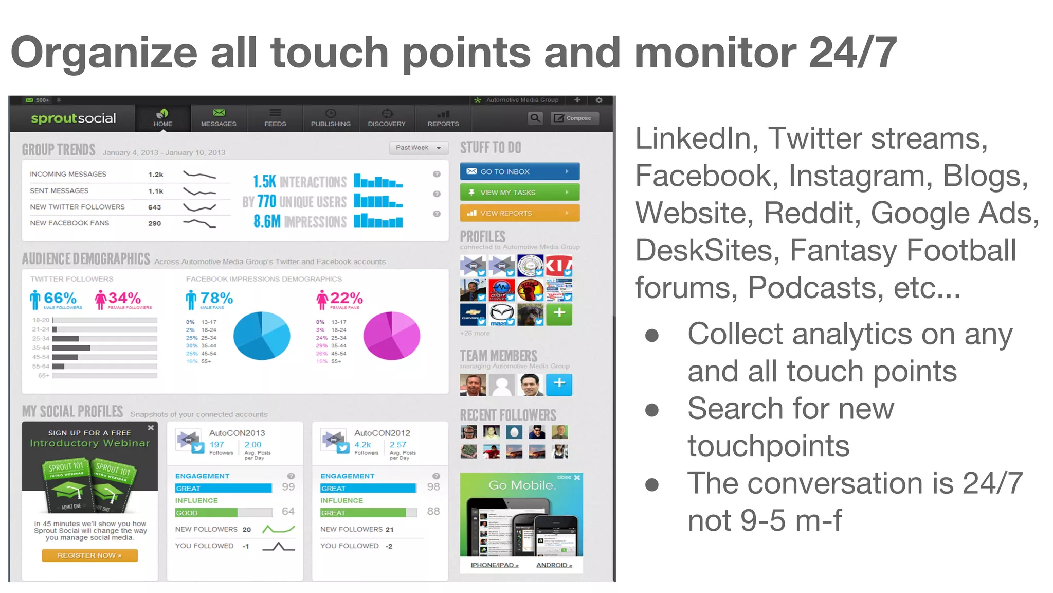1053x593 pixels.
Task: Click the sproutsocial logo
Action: click(73, 118)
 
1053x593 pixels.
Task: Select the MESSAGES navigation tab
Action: click(219, 118)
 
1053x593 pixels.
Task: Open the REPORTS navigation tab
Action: click(443, 118)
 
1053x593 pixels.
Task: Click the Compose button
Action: click(574, 118)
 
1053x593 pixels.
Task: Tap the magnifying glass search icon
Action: click(535, 118)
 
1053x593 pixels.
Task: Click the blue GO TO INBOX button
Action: click(519, 171)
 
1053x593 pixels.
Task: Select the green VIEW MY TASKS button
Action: click(519, 193)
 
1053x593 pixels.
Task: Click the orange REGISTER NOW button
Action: click(89, 555)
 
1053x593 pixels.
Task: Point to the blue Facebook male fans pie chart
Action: click(262, 336)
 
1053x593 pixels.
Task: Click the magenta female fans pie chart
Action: click(392, 336)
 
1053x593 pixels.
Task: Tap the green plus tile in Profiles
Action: click(559, 313)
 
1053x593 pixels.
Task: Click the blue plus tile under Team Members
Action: click(559, 383)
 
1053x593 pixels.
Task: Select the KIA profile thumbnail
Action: click(559, 266)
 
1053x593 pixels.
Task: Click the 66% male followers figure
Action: click(60, 298)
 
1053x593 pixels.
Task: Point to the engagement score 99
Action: click(288, 487)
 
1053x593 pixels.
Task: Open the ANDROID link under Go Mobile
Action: click(554, 565)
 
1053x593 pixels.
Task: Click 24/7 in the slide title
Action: click(852, 53)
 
